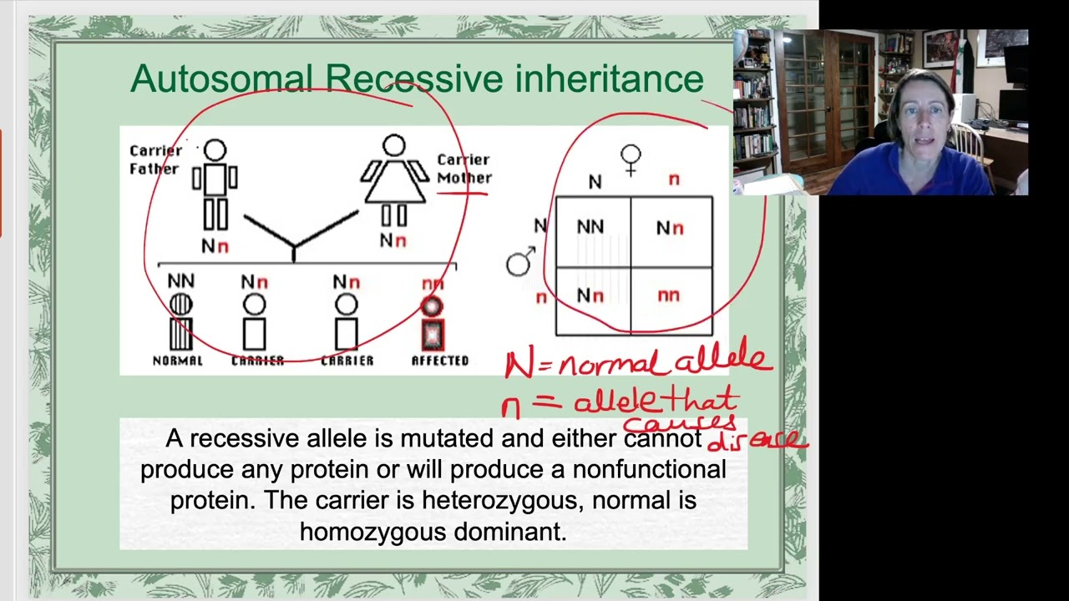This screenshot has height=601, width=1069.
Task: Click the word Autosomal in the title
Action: [220, 78]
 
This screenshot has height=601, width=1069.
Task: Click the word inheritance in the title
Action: [609, 78]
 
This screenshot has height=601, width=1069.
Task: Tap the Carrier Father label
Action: [155, 159]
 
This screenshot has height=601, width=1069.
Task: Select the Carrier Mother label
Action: [464, 168]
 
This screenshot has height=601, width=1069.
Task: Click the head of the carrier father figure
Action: [215, 150]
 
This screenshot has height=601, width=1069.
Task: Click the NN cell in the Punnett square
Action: [591, 227]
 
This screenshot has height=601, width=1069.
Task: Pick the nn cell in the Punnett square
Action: [669, 295]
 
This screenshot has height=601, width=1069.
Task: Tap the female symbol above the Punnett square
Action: [631, 159]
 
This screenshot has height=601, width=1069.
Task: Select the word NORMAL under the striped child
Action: [177, 361]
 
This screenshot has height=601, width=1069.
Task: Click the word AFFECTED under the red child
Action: [440, 361]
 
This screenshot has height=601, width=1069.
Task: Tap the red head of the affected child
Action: [432, 307]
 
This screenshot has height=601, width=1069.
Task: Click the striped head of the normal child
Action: [180, 306]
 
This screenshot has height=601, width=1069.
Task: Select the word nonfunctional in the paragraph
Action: [649, 469]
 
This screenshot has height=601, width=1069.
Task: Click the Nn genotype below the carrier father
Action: [215, 246]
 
